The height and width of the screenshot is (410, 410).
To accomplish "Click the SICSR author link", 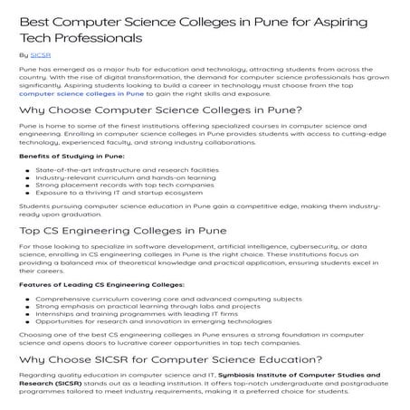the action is point(42,55).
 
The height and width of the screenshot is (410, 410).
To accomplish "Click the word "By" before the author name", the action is point(23,55).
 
